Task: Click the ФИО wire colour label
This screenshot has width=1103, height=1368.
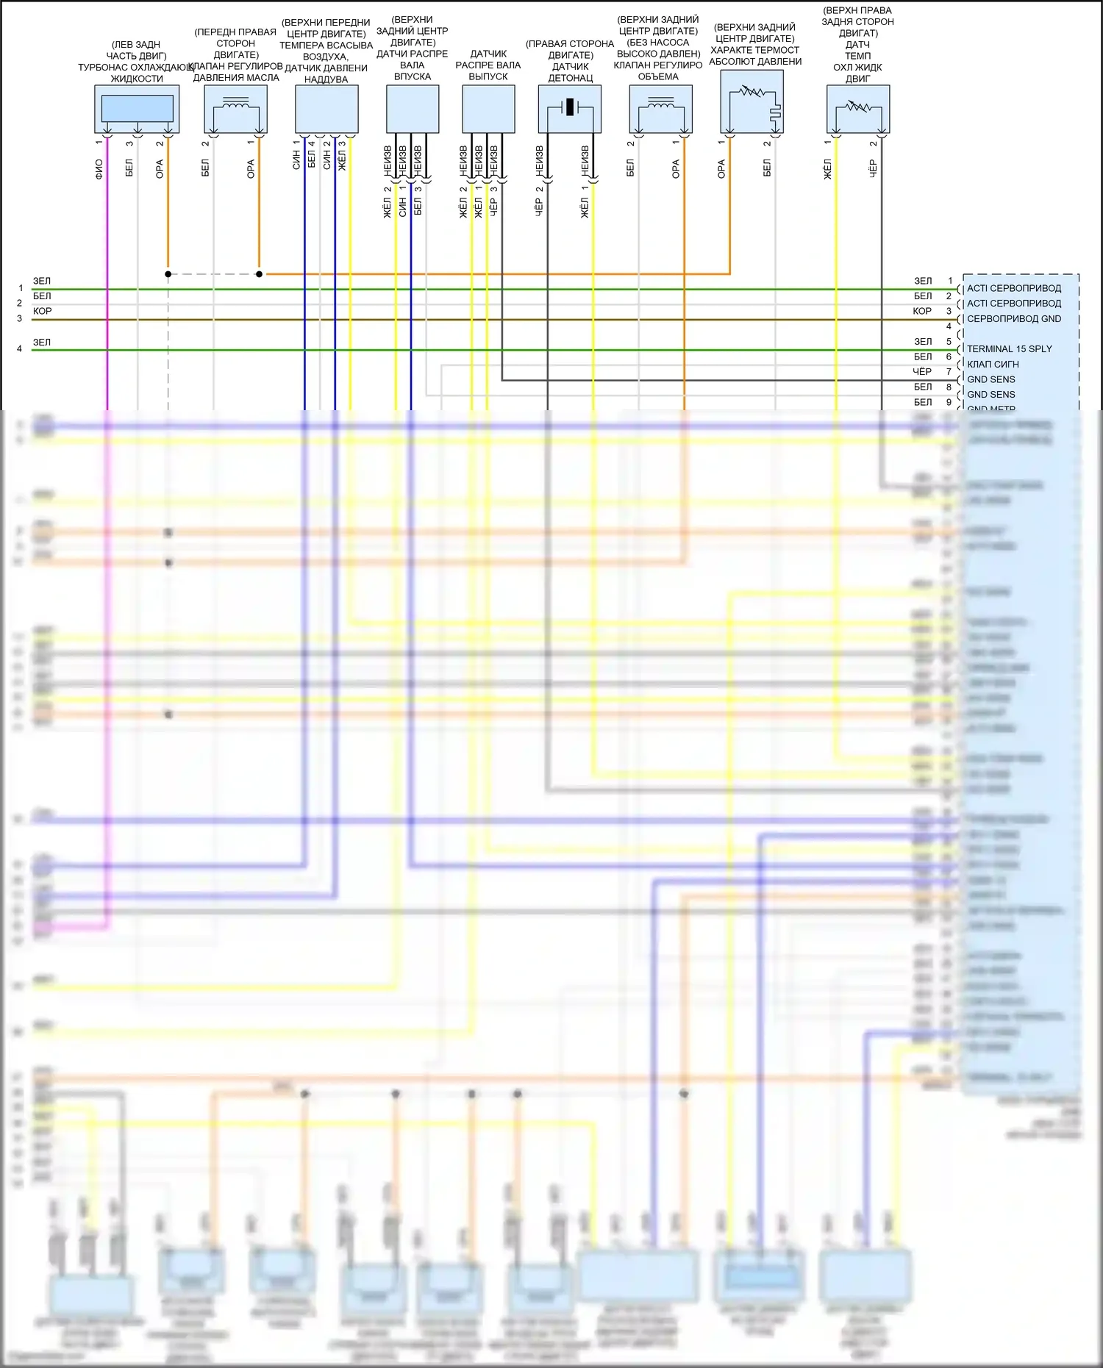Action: (x=99, y=169)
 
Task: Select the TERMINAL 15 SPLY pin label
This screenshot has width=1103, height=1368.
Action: (x=1009, y=349)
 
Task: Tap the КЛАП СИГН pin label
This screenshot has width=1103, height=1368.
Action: (x=993, y=365)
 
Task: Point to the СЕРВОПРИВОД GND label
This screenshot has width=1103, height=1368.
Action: (x=1013, y=319)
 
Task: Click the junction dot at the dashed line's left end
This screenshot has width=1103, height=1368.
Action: (x=168, y=274)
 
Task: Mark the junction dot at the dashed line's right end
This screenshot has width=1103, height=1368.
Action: (x=259, y=274)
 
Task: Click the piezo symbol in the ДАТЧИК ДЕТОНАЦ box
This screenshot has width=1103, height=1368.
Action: (x=570, y=108)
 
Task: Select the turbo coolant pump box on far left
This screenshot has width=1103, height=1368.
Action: (x=137, y=109)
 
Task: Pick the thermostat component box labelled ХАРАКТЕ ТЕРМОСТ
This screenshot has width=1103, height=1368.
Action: (x=752, y=101)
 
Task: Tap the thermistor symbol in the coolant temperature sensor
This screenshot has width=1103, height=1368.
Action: (x=858, y=107)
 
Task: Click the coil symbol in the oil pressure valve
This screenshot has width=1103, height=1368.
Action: (x=235, y=104)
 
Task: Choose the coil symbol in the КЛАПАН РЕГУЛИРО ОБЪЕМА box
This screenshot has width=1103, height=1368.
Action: (x=660, y=104)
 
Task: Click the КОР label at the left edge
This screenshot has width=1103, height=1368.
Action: (x=42, y=311)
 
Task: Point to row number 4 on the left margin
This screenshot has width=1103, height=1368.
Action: (x=20, y=349)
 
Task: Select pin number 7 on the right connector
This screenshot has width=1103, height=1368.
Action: (x=949, y=372)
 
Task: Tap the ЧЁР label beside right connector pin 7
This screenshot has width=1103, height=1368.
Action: (x=922, y=372)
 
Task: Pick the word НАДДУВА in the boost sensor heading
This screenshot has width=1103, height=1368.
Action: (x=326, y=79)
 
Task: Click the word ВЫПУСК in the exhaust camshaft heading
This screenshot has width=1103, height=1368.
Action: (x=488, y=76)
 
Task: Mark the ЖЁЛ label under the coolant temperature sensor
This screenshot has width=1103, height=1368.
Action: (x=827, y=170)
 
